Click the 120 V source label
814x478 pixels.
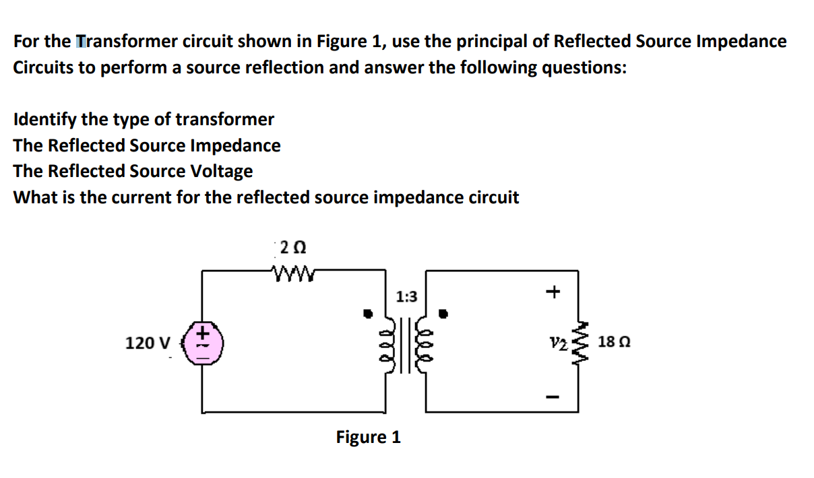(148, 343)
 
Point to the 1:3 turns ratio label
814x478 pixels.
(406, 296)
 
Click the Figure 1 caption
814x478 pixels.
(368, 438)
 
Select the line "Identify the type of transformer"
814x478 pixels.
(144, 120)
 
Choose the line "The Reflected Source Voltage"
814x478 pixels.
(133, 171)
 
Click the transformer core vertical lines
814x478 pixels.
(407, 344)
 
